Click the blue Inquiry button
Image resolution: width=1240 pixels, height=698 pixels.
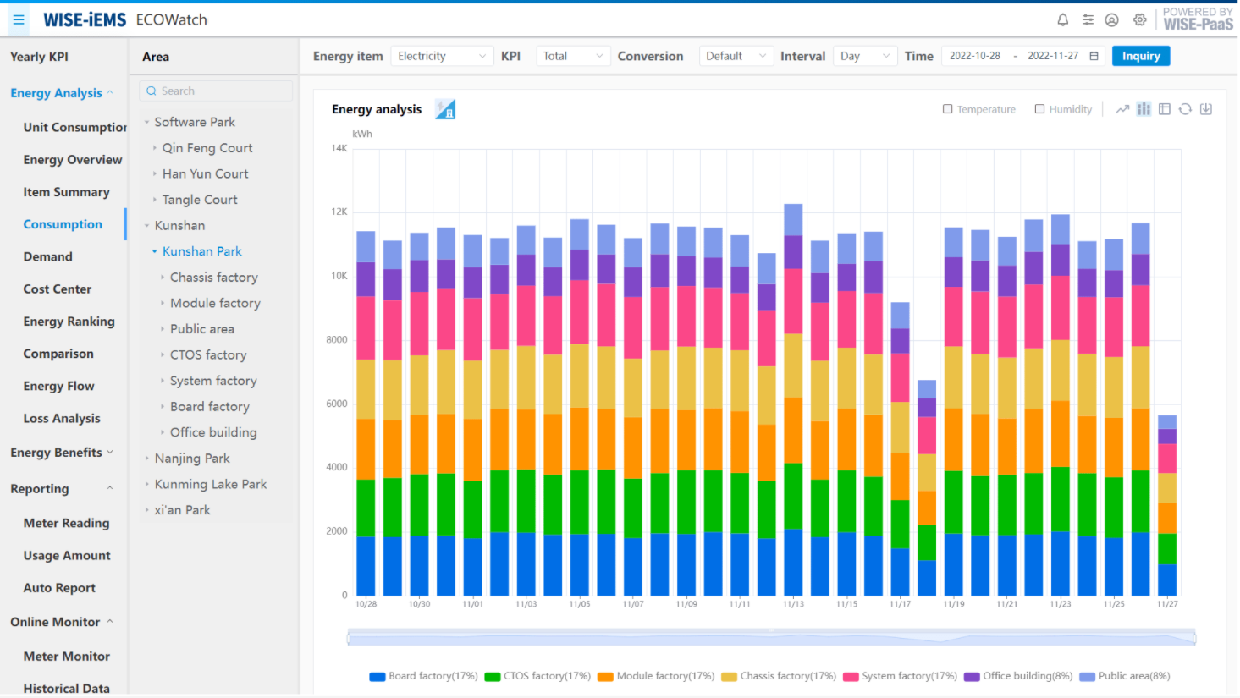[1140, 56]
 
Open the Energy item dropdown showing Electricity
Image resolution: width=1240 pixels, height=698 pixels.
[441, 56]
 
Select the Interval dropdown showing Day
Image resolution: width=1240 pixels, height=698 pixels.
[864, 56]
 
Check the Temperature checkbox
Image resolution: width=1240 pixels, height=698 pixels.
[948, 109]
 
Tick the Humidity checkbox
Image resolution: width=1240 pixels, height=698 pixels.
[1039, 109]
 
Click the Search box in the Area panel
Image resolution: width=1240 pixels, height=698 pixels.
[217, 91]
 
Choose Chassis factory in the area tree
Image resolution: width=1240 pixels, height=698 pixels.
[213, 278]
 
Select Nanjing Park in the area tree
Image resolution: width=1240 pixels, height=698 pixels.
[192, 459]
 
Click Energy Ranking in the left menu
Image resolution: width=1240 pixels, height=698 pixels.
[69, 322]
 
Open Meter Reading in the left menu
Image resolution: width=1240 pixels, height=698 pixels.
[66, 523]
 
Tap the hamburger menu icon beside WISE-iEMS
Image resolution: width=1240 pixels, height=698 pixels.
[19, 19]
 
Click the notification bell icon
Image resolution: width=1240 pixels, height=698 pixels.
[1063, 19]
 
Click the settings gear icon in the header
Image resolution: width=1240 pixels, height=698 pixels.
[1140, 19]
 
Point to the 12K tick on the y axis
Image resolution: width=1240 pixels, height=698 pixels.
[339, 212]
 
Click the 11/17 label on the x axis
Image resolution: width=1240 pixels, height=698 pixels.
[900, 604]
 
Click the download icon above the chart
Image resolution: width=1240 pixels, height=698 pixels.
[1206, 109]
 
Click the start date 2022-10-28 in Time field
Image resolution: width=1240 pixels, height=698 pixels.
[974, 56]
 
